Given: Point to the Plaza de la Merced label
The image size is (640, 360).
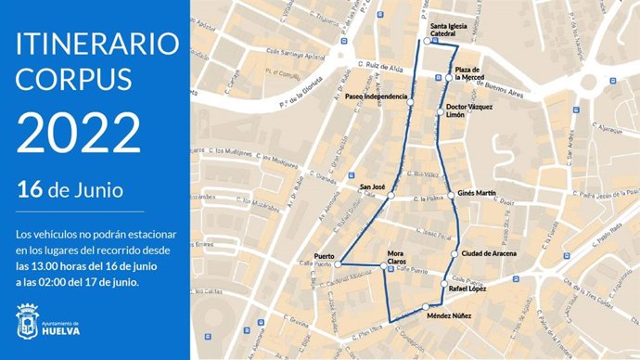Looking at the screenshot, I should (467, 74).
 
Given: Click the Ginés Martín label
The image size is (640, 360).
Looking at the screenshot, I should (478, 195).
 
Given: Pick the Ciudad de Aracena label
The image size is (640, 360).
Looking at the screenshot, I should (488, 252).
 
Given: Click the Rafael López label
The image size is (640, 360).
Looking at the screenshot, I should (467, 290).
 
